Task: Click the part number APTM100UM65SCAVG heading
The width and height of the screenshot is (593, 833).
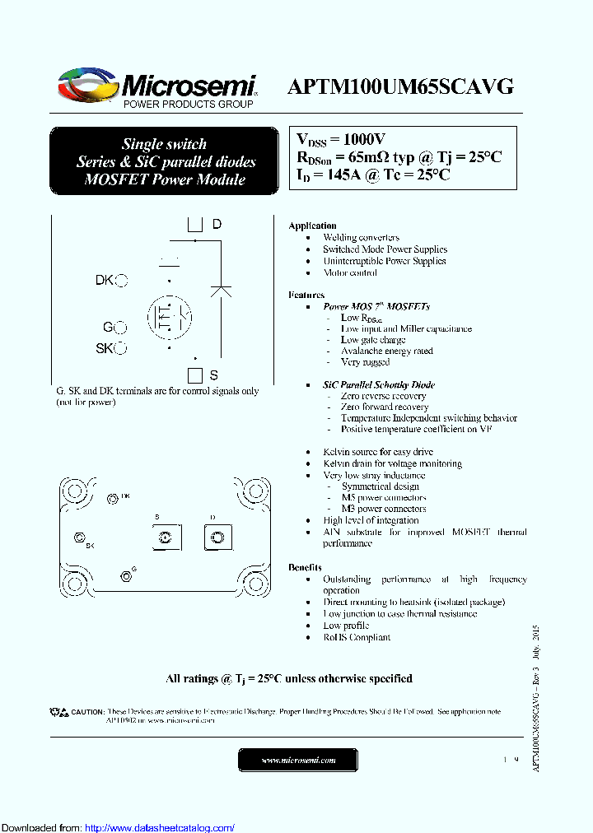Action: tap(401, 86)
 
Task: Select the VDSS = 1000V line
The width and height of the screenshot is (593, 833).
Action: tap(340, 140)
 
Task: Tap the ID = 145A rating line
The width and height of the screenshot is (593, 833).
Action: tap(373, 174)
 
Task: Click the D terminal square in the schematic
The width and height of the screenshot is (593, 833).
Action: tap(195, 224)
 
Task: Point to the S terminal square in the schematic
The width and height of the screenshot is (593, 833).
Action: tap(195, 375)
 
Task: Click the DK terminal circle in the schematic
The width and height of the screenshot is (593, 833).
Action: tap(121, 281)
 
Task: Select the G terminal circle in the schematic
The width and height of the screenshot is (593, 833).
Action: tap(121, 328)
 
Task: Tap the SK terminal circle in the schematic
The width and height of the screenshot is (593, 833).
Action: tap(121, 349)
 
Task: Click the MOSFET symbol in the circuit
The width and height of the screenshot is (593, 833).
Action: tap(170, 315)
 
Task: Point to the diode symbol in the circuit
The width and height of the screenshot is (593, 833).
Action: tap(221, 290)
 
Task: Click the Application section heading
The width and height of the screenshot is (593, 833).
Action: tap(312, 226)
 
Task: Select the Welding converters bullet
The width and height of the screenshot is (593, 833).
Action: tap(361, 237)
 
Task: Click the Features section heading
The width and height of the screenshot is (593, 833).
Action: tap(306, 295)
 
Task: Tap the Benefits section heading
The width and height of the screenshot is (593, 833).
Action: tap(305, 567)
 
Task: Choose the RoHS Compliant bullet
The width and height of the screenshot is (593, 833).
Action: tap(357, 637)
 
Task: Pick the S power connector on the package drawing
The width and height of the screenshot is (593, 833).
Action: tap(165, 538)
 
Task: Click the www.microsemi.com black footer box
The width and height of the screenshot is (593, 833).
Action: tap(298, 760)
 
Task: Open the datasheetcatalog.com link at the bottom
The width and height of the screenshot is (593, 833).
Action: tap(160, 827)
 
